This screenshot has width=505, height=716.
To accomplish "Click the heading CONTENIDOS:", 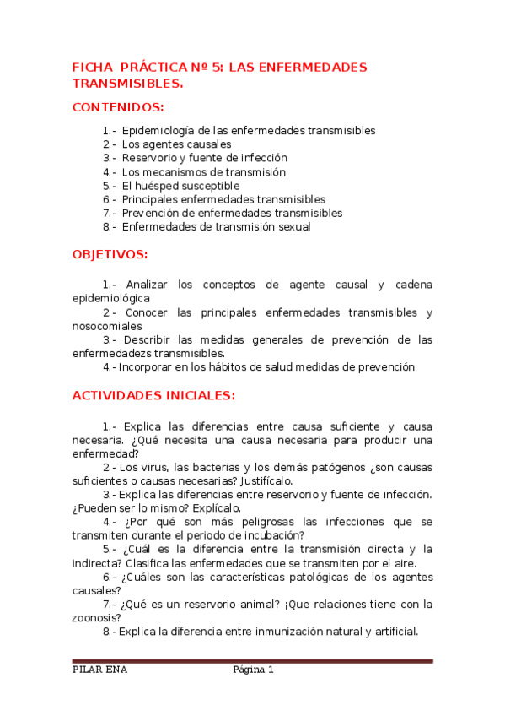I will pyautogui.click(x=118, y=107).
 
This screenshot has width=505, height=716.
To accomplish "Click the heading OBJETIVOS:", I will pyautogui.click(x=110, y=254).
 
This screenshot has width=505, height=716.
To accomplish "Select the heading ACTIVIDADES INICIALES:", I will pyautogui.click(x=153, y=395).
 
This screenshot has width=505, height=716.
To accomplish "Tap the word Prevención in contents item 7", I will pyautogui.click(x=153, y=213).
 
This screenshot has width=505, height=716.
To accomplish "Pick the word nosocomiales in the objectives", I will pyautogui.click(x=107, y=326).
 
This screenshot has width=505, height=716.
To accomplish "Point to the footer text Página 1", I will pyautogui.click(x=254, y=670).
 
